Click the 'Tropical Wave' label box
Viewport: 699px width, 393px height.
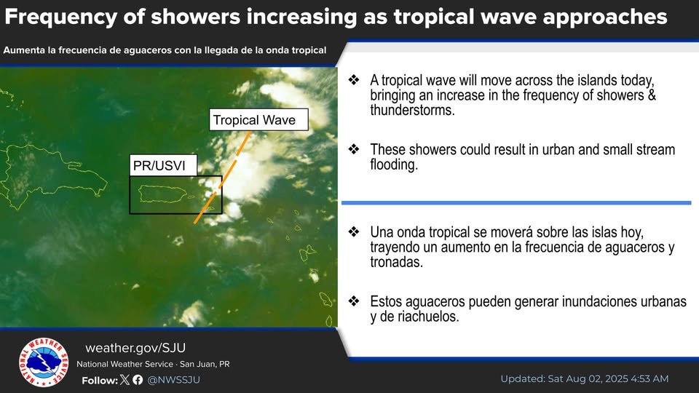click(x=258, y=119)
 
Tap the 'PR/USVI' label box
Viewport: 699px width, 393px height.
click(x=163, y=165)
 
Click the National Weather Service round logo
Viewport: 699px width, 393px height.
click(x=44, y=362)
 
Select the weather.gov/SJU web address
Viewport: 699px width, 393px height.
click(x=135, y=348)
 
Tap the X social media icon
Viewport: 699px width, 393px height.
click(x=125, y=380)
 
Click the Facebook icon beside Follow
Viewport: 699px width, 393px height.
click(x=138, y=380)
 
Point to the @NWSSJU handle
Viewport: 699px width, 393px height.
click(x=173, y=380)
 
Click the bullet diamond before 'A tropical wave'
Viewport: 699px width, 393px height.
click(x=354, y=80)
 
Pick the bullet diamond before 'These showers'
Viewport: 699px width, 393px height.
click(x=354, y=148)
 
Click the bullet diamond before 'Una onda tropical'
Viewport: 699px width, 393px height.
click(x=354, y=231)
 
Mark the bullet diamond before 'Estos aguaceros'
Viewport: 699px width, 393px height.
click(x=354, y=301)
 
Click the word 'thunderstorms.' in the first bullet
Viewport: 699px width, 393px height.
click(x=412, y=110)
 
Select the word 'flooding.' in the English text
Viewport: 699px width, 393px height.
click(x=394, y=164)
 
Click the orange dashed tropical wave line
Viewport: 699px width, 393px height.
click(x=221, y=178)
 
